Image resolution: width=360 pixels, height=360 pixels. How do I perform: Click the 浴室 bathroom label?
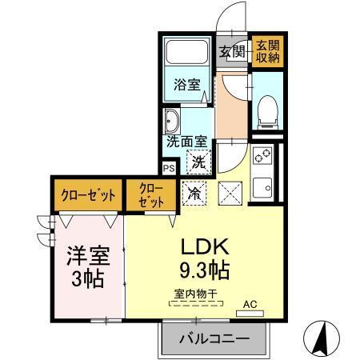click(x=186, y=85)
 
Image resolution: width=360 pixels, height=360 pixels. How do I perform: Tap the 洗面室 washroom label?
click(x=186, y=142)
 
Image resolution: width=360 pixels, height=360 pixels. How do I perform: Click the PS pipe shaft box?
click(x=169, y=169)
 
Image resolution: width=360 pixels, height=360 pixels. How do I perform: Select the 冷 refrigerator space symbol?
click(x=194, y=192)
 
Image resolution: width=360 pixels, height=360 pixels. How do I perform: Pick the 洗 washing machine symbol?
click(x=197, y=161)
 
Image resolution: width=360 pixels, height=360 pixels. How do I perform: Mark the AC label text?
click(x=250, y=303)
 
